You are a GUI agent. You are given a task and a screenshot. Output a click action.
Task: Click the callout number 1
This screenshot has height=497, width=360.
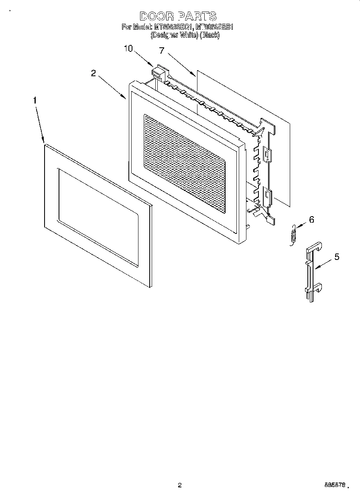click(x=35, y=101)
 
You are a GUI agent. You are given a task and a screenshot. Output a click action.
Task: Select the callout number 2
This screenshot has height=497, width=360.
click(x=94, y=73)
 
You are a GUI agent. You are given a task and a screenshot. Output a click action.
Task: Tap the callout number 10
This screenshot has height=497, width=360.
click(x=128, y=49)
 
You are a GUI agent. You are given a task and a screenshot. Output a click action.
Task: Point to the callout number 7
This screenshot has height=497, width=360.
click(x=162, y=51)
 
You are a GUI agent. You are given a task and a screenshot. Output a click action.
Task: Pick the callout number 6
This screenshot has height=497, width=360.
click(x=311, y=219)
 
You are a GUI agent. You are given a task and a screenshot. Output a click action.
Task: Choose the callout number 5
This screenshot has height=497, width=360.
click(x=337, y=257)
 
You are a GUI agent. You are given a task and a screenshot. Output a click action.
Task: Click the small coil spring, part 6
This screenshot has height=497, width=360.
click(x=293, y=234)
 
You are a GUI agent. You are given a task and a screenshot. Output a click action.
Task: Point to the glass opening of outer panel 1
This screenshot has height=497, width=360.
click(x=98, y=217)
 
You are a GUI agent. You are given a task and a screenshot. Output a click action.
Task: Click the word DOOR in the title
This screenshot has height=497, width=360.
click(x=157, y=16)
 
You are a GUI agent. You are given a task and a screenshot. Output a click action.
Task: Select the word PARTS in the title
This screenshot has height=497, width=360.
click(x=198, y=16)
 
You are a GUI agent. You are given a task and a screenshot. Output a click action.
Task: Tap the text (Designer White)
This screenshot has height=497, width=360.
click(x=175, y=35)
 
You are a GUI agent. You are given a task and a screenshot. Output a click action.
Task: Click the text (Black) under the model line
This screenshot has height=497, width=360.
click(x=210, y=35)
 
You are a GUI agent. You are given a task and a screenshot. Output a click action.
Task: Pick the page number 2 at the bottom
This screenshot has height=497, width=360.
click(x=180, y=485)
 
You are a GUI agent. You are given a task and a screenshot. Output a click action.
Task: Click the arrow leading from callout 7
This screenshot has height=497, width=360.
click(x=179, y=63)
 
